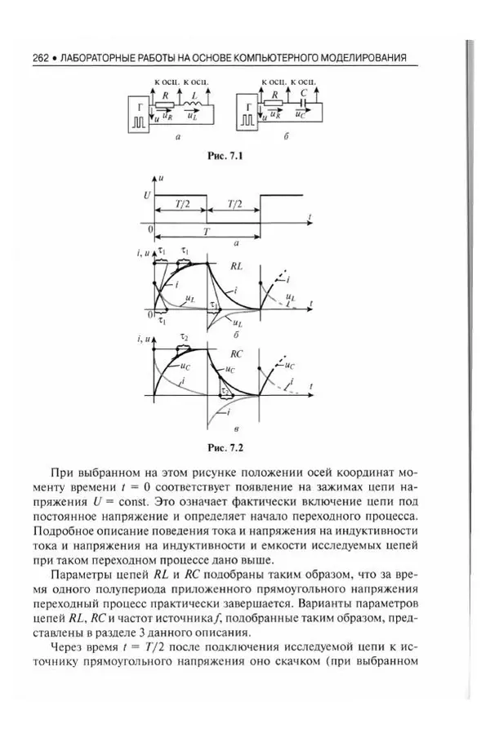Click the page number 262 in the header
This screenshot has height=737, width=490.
(41, 58)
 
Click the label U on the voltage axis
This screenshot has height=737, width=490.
(146, 196)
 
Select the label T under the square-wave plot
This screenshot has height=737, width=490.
(207, 232)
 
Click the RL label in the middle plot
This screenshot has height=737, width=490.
(236, 266)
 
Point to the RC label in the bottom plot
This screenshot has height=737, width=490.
(237, 354)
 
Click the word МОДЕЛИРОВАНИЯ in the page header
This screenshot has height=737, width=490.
(365, 58)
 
